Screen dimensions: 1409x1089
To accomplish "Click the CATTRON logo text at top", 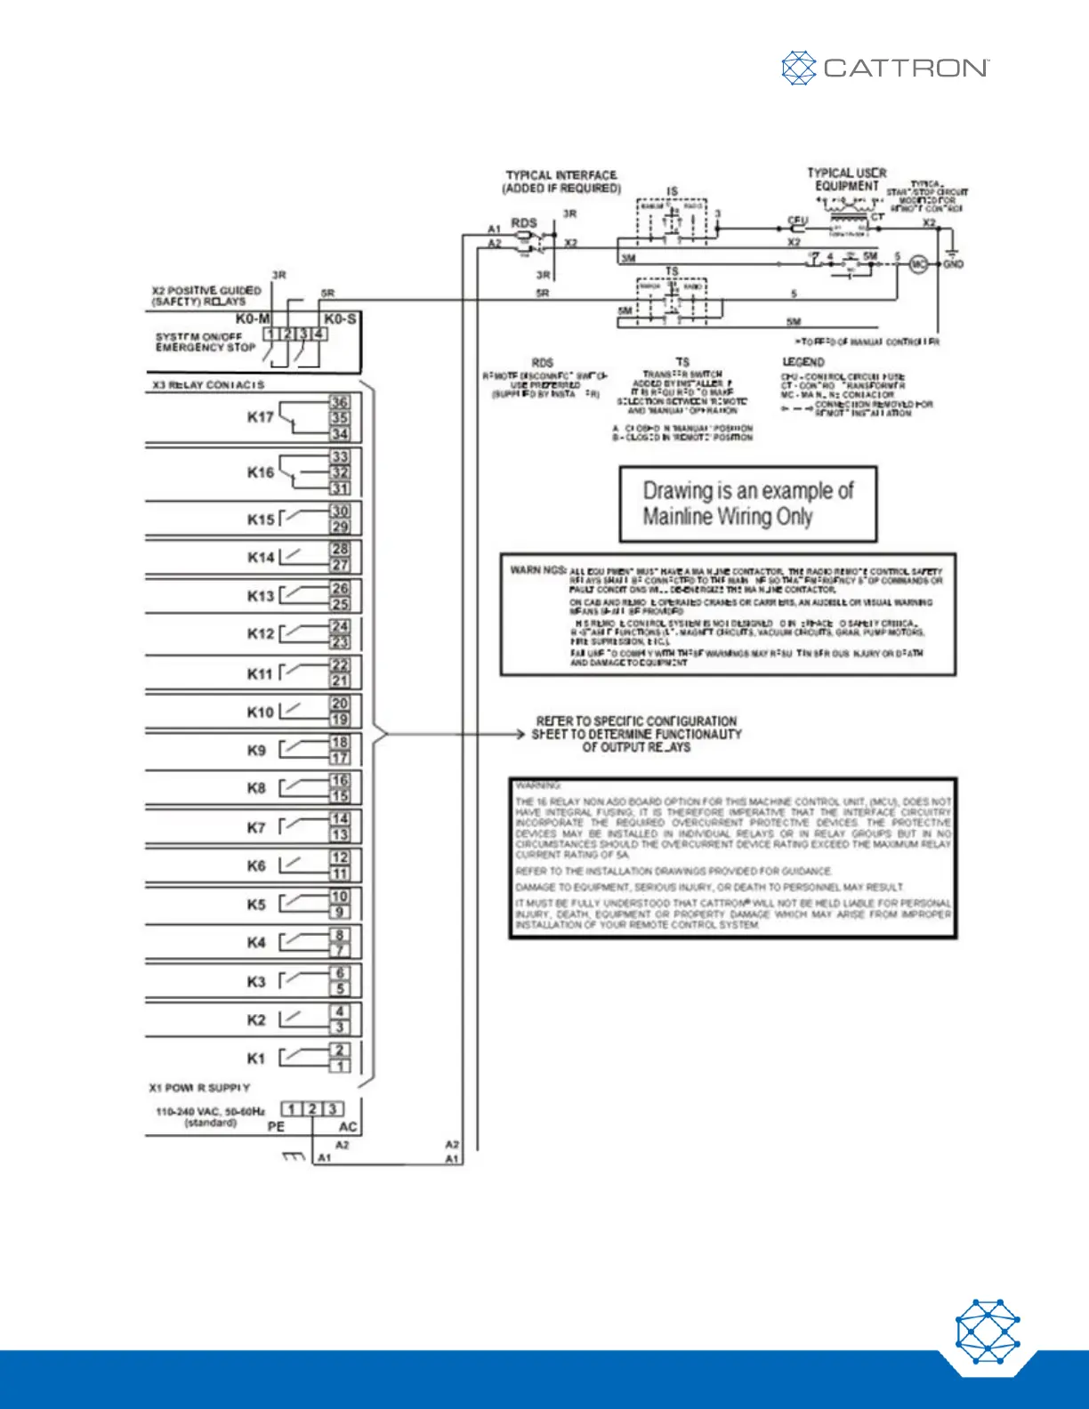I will [x=905, y=68].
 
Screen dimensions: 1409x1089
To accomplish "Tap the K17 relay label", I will [x=261, y=416].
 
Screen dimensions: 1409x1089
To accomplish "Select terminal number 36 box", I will [x=340, y=402].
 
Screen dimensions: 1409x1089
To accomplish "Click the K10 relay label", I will [x=261, y=712].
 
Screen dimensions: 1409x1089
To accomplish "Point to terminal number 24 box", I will [x=340, y=626].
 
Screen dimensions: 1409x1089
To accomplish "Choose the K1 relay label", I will [x=256, y=1059].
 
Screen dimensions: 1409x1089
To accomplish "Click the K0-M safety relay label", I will [x=253, y=318].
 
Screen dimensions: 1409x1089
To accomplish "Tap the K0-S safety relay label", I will [x=340, y=318].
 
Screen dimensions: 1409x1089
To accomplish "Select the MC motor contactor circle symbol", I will [x=918, y=264].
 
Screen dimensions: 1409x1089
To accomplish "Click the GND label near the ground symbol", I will [x=953, y=264].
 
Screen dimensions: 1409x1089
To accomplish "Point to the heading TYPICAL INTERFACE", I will [x=561, y=175].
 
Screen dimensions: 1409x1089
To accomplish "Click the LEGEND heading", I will [x=803, y=362].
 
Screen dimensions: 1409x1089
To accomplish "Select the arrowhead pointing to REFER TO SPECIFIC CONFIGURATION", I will [x=521, y=735].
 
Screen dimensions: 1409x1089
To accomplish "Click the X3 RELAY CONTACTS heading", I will [x=208, y=385].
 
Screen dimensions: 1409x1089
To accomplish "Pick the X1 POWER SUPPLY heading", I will [x=199, y=1088].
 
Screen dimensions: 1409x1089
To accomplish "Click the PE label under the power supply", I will [x=276, y=1127].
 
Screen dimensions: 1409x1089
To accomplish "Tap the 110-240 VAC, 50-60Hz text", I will [x=210, y=1111].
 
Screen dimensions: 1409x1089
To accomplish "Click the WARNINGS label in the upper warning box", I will [x=538, y=569].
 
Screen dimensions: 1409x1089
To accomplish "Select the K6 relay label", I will [x=256, y=866].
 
